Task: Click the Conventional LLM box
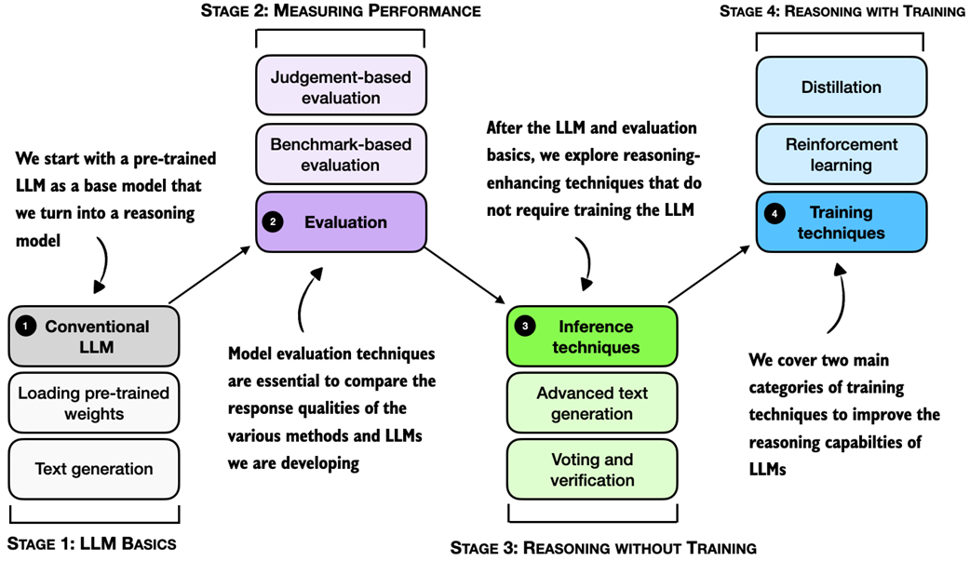click(x=93, y=336)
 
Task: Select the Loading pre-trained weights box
click(x=93, y=403)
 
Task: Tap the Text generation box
click(x=93, y=469)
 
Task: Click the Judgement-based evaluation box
click(x=340, y=87)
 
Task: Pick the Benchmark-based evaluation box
click(x=340, y=154)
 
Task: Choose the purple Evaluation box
click(x=340, y=222)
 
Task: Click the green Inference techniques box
click(x=592, y=337)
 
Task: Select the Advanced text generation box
click(x=592, y=404)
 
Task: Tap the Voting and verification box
click(x=592, y=470)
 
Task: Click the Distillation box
click(x=841, y=87)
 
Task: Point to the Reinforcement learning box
click(x=841, y=154)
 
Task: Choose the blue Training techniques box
click(x=841, y=222)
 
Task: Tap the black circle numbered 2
click(x=274, y=222)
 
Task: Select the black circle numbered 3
click(x=526, y=327)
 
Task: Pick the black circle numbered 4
click(x=776, y=213)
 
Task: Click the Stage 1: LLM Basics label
click(x=91, y=543)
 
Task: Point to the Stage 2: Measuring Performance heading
click(x=341, y=11)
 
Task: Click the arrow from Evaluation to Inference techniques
click(x=465, y=275)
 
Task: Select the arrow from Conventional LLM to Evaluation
click(x=212, y=274)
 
